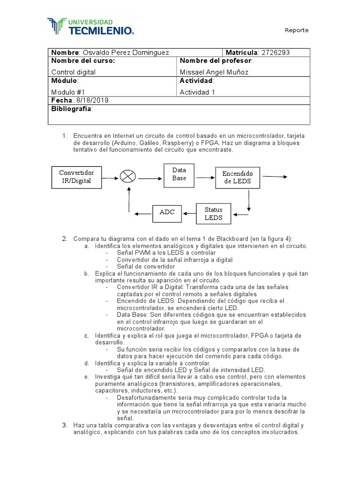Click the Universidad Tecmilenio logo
pos(91,27)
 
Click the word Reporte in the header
pos(297,30)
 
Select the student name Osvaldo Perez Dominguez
pos(126,52)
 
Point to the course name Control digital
pos(73,72)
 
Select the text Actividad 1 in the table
pos(197,92)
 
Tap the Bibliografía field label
pos(72,109)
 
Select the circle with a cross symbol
pos(127,177)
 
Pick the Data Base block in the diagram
pos(179,174)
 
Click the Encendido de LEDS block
pos(238,177)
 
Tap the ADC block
pos(167,212)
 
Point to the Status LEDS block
pos(214,214)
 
